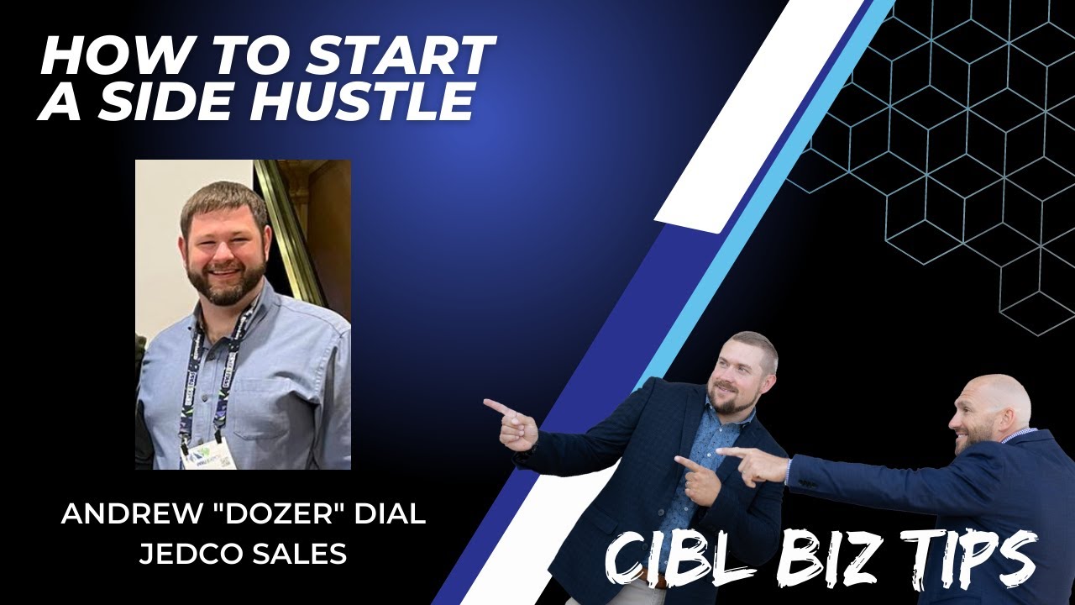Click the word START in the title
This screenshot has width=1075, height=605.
click(399, 57)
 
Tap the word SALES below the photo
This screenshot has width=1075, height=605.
click(304, 555)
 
